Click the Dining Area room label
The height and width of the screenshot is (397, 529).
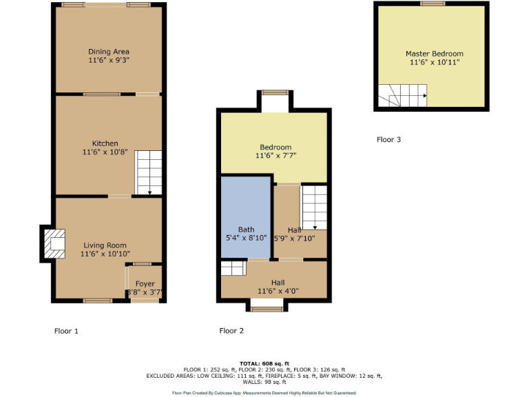(x=108, y=52)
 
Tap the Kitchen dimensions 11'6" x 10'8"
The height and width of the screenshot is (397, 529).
(x=100, y=152)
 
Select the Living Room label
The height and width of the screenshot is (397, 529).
(x=105, y=245)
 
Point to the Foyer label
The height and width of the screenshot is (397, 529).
(x=145, y=283)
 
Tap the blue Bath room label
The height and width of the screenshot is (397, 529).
(x=246, y=230)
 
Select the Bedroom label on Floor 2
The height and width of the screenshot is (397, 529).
(x=275, y=147)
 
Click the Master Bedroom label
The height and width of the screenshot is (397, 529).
(x=434, y=54)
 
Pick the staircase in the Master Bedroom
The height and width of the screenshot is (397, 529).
(x=402, y=96)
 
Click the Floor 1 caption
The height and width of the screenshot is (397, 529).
(x=66, y=331)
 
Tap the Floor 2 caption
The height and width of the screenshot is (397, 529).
(x=231, y=331)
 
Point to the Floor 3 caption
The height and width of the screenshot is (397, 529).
(x=388, y=139)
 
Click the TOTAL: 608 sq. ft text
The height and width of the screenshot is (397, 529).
(x=264, y=363)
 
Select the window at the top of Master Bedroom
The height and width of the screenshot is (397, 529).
(x=433, y=3)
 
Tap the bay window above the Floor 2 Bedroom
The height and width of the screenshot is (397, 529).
(x=275, y=93)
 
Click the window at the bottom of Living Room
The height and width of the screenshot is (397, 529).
(x=98, y=301)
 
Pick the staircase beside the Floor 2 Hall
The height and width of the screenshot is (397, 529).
(x=314, y=207)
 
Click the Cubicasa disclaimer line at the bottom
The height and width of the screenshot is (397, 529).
(x=264, y=393)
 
